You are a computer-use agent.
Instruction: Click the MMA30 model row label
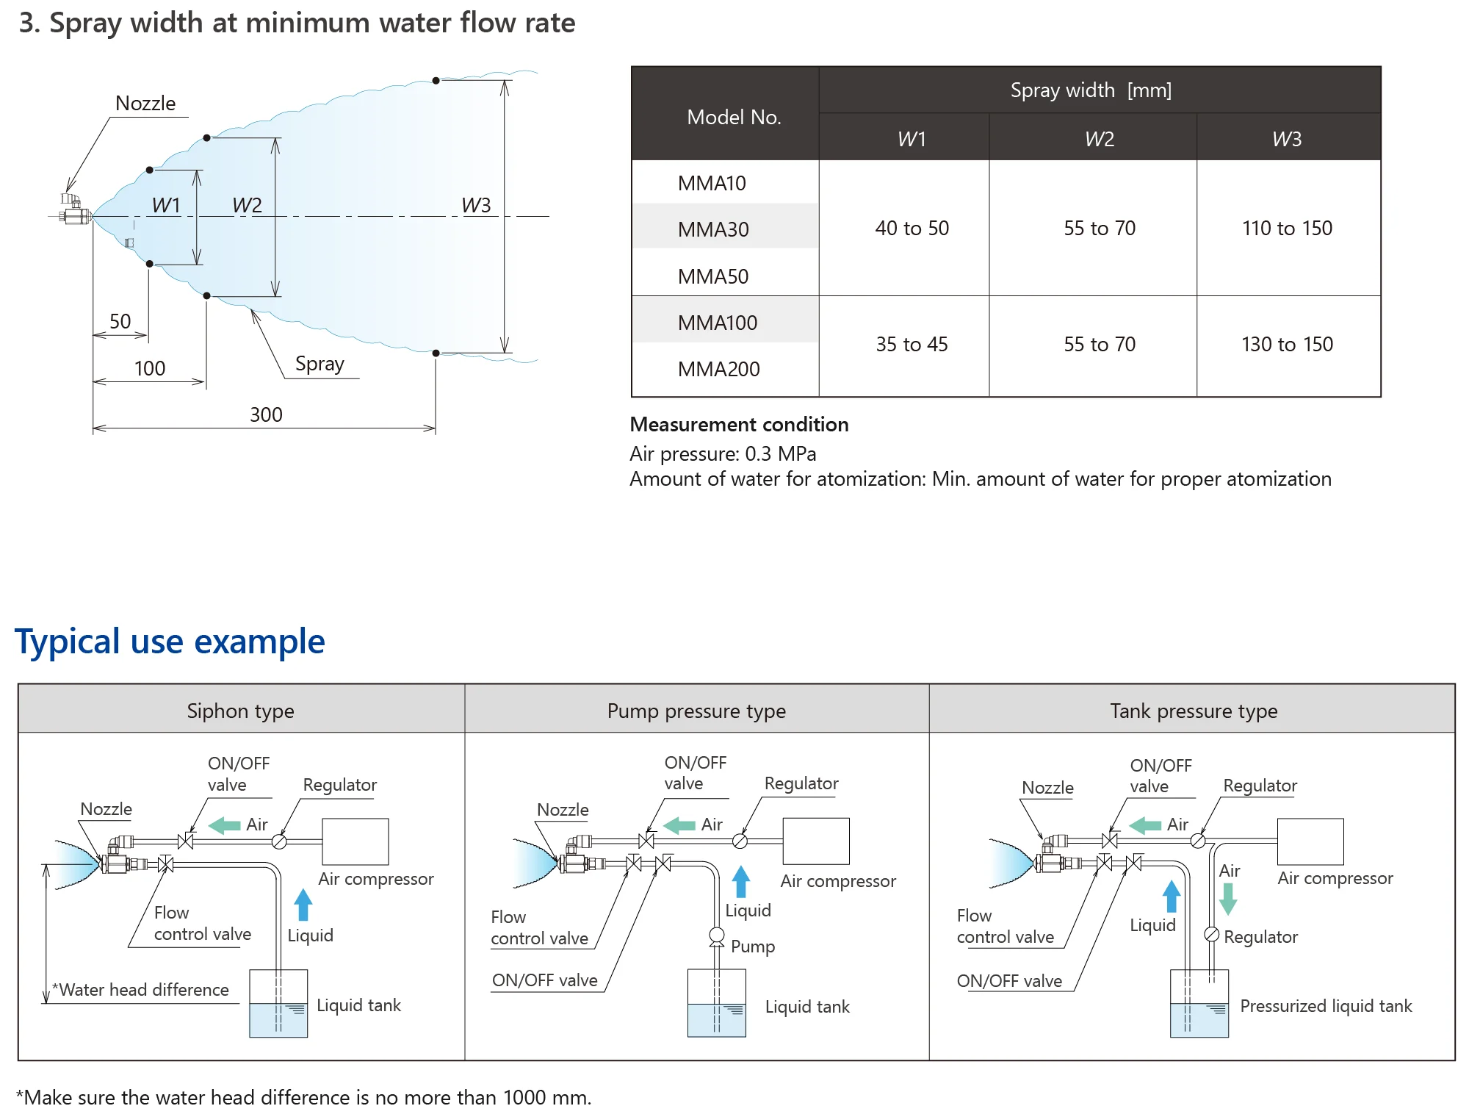click(713, 229)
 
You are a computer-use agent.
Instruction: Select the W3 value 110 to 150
click(1287, 229)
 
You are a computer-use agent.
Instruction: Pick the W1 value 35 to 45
click(912, 344)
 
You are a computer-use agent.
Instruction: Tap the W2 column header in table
click(1099, 139)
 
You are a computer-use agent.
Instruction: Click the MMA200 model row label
click(718, 369)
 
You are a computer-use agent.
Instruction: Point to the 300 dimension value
click(266, 414)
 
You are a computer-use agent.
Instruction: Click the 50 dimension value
click(120, 321)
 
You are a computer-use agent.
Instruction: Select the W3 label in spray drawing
click(476, 205)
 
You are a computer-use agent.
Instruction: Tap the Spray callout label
click(320, 364)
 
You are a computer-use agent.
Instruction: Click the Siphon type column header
click(240, 711)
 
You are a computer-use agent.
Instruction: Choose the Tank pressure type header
click(1194, 711)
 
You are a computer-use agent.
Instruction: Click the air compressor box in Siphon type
click(355, 841)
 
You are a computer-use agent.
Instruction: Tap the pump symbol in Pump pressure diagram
click(716, 936)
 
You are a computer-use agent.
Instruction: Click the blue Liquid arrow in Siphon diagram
click(303, 904)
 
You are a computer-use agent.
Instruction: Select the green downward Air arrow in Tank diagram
click(1228, 898)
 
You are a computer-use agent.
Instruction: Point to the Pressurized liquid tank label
click(1326, 1006)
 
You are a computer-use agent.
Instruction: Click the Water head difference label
click(143, 990)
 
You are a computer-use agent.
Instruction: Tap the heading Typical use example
click(170, 642)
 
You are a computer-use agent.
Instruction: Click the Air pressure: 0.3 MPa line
click(723, 453)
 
